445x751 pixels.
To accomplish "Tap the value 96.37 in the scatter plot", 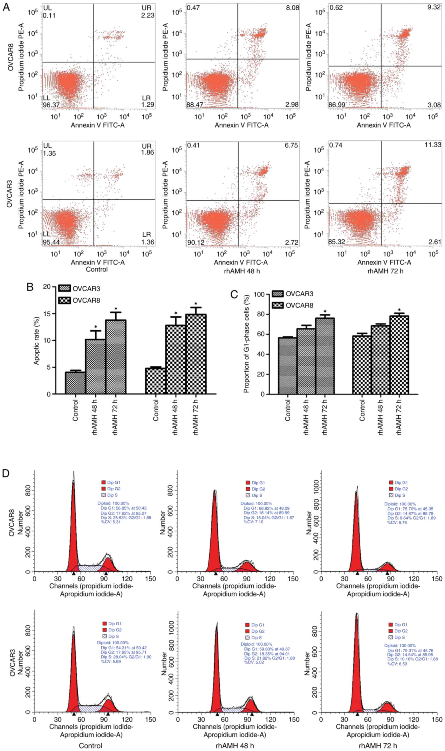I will tap(51, 105).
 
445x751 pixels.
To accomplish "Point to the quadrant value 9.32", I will tap(434, 7).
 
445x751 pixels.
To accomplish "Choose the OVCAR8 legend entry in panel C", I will tap(293, 306).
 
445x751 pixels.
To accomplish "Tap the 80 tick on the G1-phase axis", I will tap(261, 314).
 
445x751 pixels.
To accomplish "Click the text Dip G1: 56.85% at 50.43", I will tap(124, 508).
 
